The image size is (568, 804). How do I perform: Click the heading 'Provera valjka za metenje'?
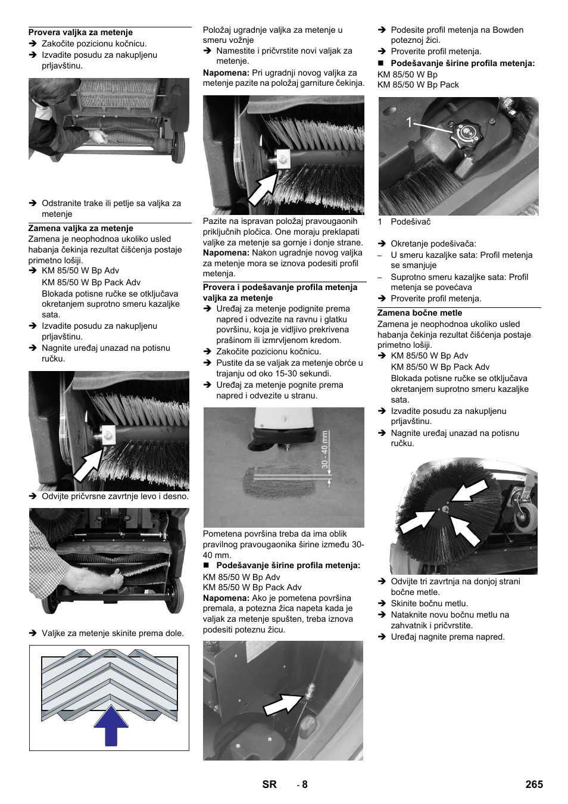(80, 33)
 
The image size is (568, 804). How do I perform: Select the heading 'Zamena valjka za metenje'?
(80, 228)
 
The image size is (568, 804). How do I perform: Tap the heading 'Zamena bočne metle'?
(419, 313)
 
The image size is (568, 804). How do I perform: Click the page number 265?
(533, 784)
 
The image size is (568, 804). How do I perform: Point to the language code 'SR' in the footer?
(269, 784)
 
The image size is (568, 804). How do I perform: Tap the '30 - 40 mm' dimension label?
(325, 449)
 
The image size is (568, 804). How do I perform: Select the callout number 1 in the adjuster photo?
(409, 123)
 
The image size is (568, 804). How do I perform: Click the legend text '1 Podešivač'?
(404, 222)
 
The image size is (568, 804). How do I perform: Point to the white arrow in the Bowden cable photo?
(283, 705)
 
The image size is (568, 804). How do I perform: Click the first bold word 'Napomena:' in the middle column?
(226, 73)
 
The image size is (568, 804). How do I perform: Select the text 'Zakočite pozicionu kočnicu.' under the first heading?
(94, 43)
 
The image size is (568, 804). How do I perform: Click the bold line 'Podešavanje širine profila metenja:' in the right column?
(462, 63)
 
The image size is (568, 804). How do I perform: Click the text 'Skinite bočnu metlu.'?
(429, 603)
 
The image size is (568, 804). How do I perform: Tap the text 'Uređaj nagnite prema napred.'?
(447, 637)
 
